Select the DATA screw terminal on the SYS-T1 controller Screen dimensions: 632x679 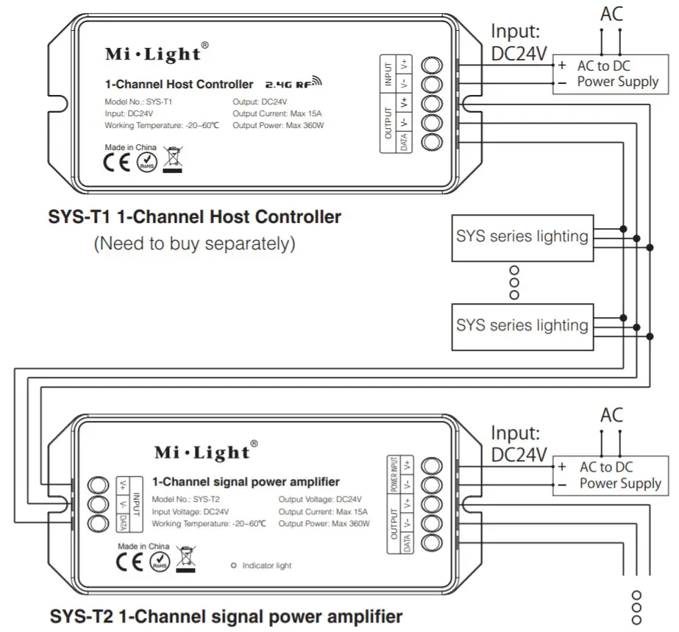point(433,142)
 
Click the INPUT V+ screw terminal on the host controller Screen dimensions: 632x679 point(433,64)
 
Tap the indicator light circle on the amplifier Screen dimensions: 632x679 point(234,565)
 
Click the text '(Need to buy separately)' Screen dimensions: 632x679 point(194,244)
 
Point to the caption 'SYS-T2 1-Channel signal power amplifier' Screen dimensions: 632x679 point(226,615)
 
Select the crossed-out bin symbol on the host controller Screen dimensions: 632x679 point(173,157)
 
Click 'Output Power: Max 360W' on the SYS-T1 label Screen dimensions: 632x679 point(278,126)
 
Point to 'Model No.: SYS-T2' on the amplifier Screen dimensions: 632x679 point(185,499)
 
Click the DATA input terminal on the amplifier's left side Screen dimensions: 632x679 point(97,523)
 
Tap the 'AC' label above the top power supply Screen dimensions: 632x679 point(612,14)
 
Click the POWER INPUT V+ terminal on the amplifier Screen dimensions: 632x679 point(433,465)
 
